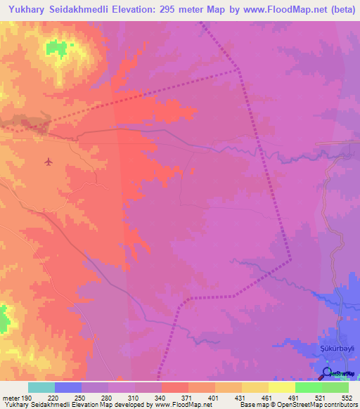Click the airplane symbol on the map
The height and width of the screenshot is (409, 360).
click(x=48, y=162)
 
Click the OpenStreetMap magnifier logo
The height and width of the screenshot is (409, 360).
click(x=327, y=372)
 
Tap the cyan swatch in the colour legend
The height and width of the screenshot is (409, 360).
click(x=41, y=387)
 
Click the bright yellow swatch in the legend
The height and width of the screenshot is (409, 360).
click(x=281, y=387)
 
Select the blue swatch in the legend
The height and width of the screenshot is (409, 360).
click(x=67, y=387)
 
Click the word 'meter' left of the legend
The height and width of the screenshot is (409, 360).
click(x=11, y=398)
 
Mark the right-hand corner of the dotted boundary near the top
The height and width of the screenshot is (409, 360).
click(x=238, y=69)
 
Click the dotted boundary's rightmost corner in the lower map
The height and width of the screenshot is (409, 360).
click(x=290, y=260)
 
